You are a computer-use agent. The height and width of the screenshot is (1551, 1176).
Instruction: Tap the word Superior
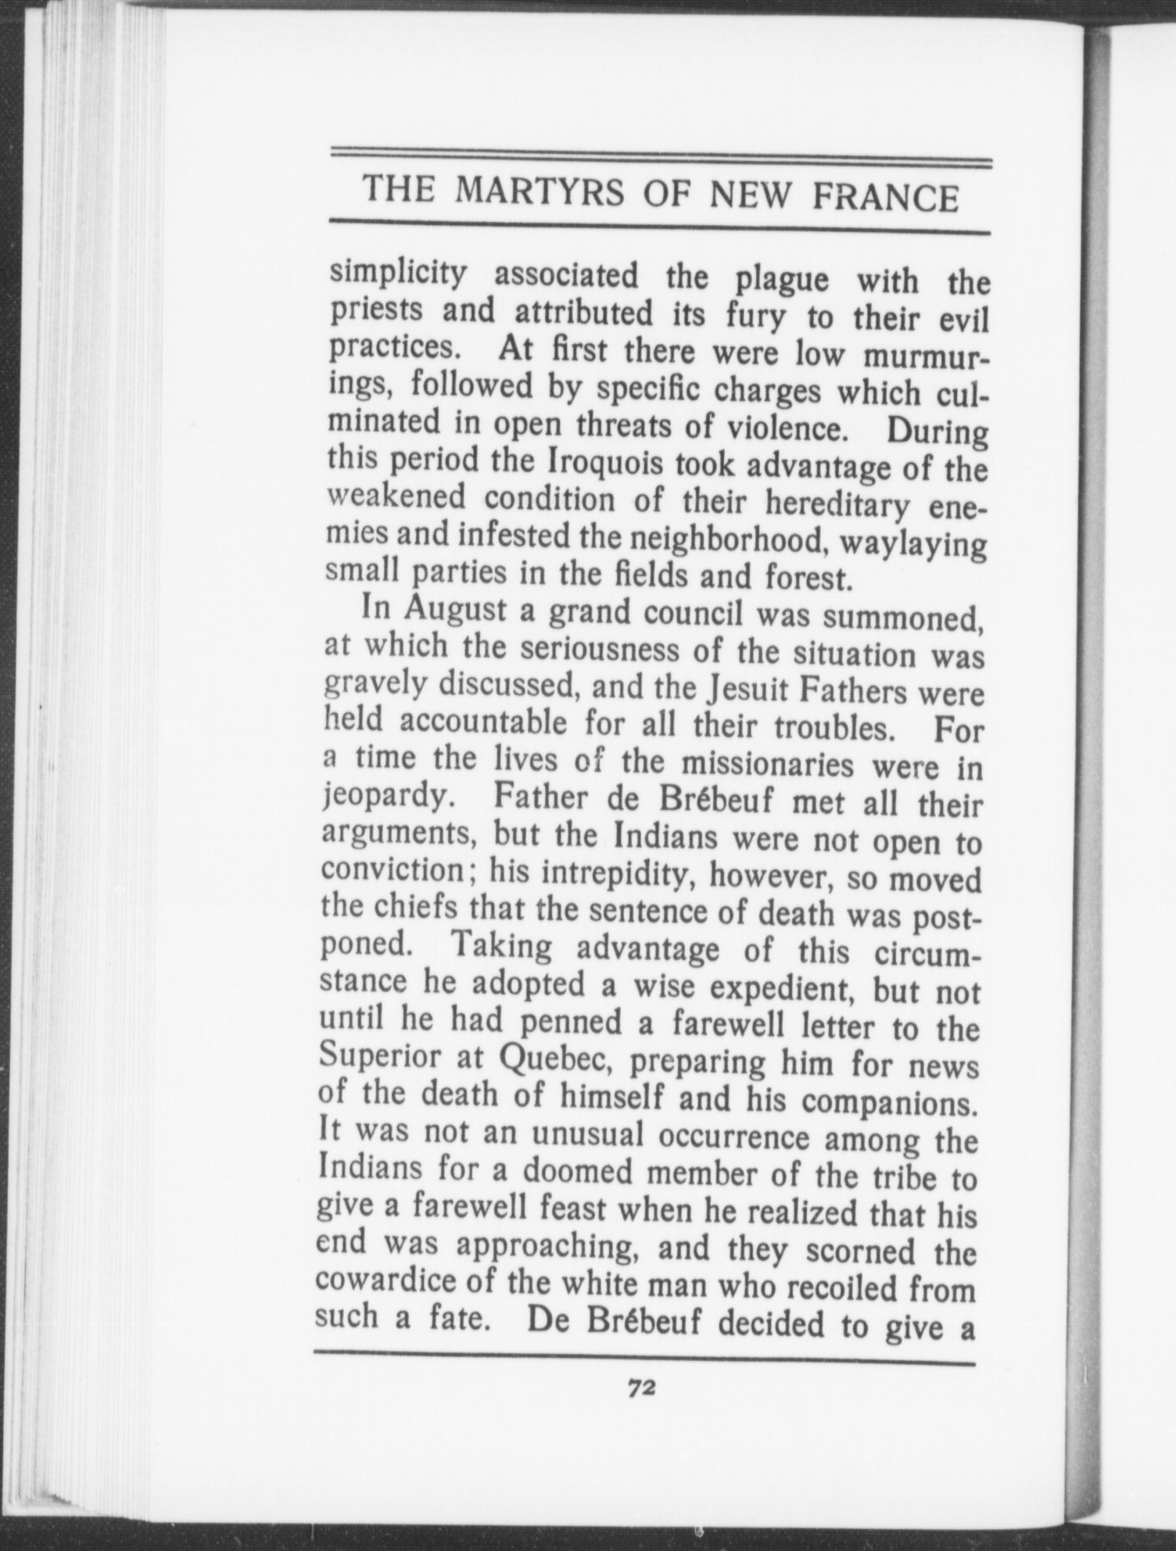(x=382, y=1055)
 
